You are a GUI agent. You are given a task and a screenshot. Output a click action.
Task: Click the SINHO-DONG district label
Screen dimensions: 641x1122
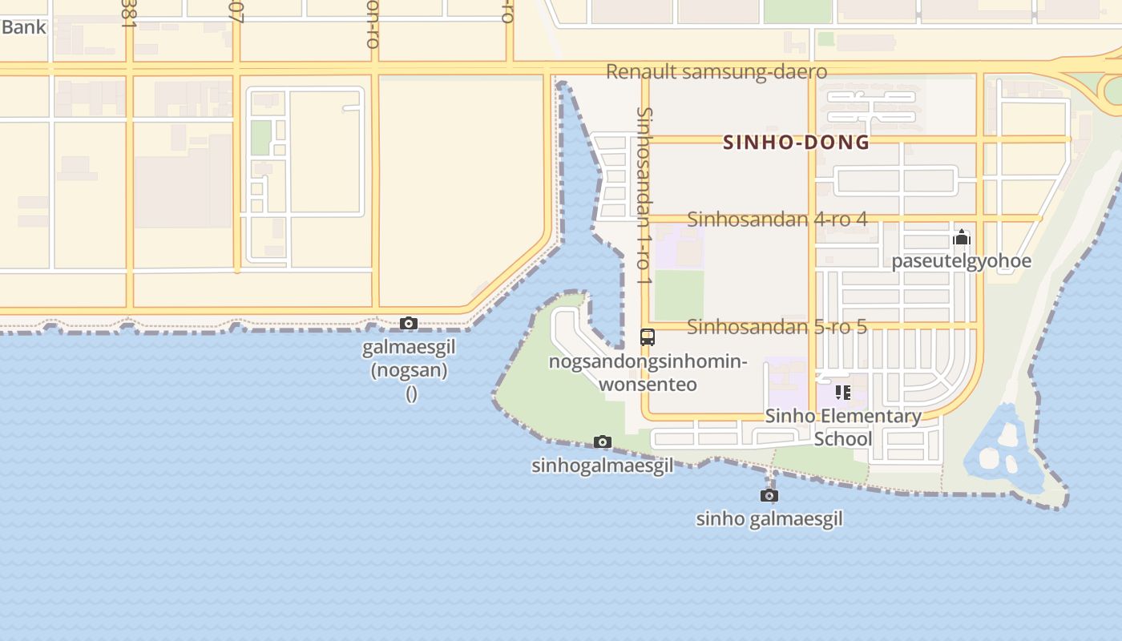[x=796, y=143]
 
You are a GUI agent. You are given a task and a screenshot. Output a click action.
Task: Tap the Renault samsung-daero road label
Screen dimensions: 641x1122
[x=716, y=71]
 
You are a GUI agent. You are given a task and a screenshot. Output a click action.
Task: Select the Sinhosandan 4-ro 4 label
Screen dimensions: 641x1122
[x=777, y=219]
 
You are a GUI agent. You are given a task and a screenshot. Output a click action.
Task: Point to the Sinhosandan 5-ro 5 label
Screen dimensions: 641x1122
[x=777, y=327]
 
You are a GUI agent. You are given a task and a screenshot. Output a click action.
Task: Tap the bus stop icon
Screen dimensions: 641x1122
[x=648, y=337]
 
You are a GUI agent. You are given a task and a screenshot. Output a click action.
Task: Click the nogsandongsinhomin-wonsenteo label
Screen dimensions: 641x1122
[x=648, y=373]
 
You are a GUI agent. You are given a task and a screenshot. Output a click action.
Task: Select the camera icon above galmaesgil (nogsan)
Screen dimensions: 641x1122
[x=409, y=324]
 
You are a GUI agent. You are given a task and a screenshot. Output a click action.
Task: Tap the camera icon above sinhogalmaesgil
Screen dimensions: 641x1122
[x=603, y=441]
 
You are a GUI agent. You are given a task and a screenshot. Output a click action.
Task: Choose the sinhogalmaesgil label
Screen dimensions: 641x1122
[x=603, y=466]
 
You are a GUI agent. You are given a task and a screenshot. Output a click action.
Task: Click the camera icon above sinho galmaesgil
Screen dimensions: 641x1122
[x=769, y=495]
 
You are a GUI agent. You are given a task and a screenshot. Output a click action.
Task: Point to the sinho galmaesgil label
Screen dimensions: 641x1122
[x=769, y=519]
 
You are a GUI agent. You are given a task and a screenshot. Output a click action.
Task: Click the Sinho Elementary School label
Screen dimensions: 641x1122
[x=843, y=427]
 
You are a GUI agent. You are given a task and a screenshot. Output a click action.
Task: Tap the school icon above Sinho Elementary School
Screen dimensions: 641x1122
[x=842, y=392]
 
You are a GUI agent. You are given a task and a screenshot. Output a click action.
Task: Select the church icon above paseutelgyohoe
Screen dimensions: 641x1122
[x=962, y=237]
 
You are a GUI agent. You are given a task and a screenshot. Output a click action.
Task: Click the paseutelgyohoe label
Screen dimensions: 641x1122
[x=962, y=261]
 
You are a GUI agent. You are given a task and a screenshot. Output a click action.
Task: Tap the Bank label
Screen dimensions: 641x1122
[x=23, y=27]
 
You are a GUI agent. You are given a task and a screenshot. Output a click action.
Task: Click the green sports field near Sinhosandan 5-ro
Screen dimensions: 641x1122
[x=679, y=295]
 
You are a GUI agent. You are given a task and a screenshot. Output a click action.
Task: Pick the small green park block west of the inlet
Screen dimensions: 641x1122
[x=260, y=138]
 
